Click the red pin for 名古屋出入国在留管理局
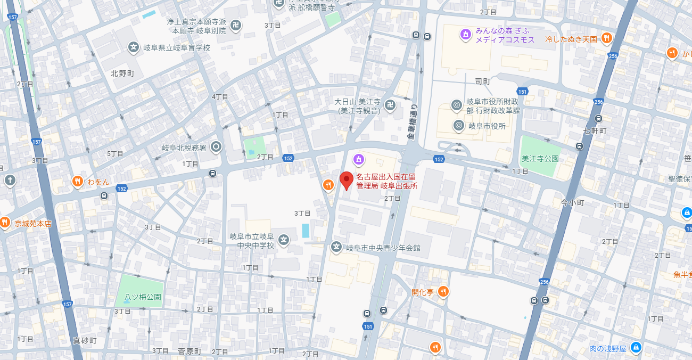point(347,181)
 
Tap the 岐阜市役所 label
point(487,126)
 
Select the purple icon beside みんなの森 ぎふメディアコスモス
point(465,35)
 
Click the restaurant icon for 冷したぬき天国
point(606,38)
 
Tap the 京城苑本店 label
point(33,224)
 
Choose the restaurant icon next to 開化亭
point(443,292)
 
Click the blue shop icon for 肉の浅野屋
point(635,348)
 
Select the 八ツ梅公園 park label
point(143,297)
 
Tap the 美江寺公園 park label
point(540,159)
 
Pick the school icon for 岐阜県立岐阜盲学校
point(133,47)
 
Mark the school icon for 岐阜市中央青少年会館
point(336,247)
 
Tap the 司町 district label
point(482,81)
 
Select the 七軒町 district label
point(595,130)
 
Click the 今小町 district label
point(572,203)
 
